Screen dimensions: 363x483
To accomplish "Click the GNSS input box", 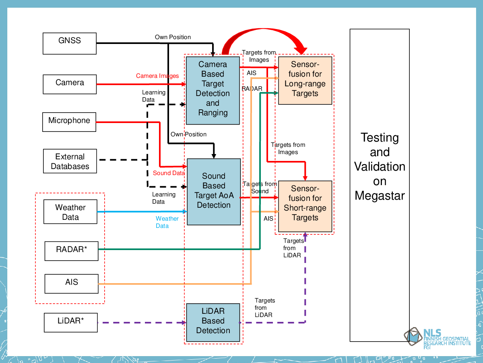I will pyautogui.click(x=70, y=44).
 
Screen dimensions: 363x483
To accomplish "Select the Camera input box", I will pyautogui.click(x=70, y=84).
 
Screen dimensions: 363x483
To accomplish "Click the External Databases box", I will pyautogui.click(x=70, y=161).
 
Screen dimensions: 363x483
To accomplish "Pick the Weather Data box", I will pyautogui.click(x=70, y=212).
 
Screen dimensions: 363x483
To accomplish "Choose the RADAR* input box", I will pyautogui.click(x=71, y=251).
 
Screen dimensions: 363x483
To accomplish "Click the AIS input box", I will pyautogui.click(x=71, y=284).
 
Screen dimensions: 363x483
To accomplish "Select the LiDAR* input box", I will pyautogui.click(x=71, y=323).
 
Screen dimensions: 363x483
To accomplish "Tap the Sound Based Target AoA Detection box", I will pyautogui.click(x=214, y=192).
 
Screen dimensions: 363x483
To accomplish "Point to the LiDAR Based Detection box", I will pyautogui.click(x=213, y=322).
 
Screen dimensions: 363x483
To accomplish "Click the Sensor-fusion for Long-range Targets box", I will pyautogui.click(x=305, y=80).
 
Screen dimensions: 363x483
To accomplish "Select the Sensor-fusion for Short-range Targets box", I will pyautogui.click(x=305, y=206).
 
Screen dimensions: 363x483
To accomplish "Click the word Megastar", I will pyautogui.click(x=380, y=196).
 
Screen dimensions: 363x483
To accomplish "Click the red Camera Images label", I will pyautogui.click(x=157, y=76).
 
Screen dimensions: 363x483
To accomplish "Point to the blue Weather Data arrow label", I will pyautogui.click(x=167, y=222).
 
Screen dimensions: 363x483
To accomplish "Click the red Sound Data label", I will pyautogui.click(x=169, y=173).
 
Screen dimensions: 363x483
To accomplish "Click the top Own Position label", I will pyautogui.click(x=173, y=37).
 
